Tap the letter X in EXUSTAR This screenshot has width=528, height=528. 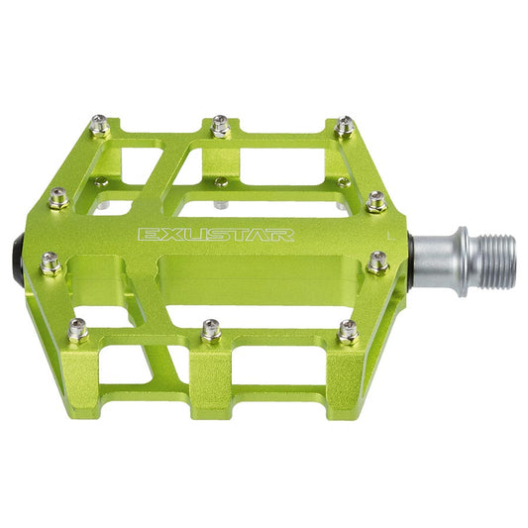[159, 235]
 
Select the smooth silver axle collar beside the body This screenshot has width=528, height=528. [436, 261]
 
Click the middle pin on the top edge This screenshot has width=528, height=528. [221, 125]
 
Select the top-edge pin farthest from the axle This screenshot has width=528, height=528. [98, 125]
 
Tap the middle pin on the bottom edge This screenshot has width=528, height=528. [211, 330]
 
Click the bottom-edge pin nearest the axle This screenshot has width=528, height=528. [348, 332]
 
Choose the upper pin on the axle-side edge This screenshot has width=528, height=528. [376, 201]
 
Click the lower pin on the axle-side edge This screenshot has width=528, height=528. [378, 263]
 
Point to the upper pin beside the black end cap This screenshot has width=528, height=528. [59, 197]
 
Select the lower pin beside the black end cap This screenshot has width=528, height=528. [52, 263]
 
